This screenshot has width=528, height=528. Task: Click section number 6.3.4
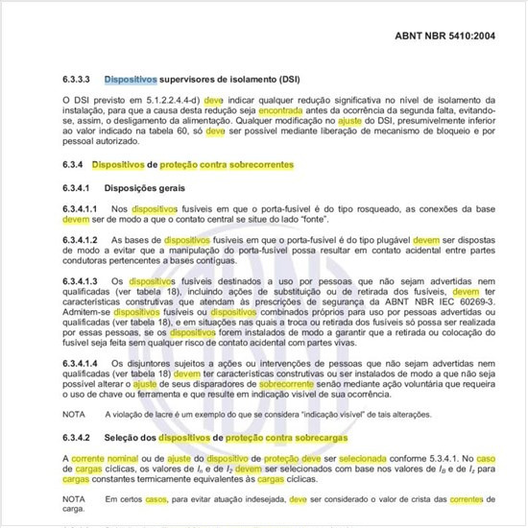[x=74, y=165]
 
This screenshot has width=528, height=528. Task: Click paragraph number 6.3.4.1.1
[x=84, y=208]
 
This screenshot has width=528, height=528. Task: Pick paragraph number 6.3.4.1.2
[x=84, y=240]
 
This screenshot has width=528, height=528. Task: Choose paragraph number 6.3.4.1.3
[x=84, y=281]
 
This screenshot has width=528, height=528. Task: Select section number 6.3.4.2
[x=79, y=437]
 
